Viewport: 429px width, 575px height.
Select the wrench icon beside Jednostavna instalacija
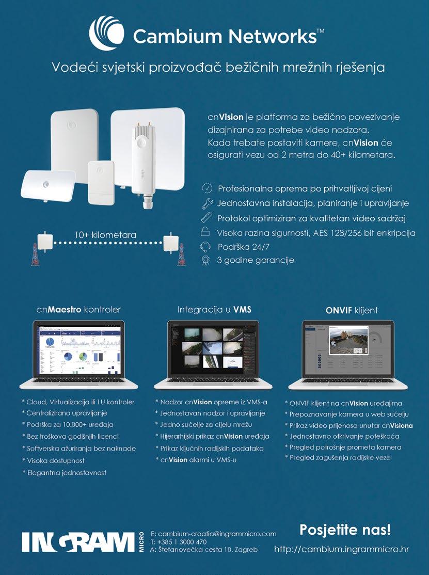click(206, 203)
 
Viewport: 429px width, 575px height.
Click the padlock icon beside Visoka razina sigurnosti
click(205, 232)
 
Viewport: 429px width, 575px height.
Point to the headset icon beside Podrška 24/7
click(205, 246)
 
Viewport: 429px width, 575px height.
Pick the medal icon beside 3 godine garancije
click(205, 260)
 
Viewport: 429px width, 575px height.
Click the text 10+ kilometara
click(105, 235)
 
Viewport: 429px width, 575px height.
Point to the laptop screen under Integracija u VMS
click(213, 350)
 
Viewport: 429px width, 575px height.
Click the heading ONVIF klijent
click(352, 310)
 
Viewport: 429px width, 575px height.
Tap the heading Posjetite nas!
click(345, 530)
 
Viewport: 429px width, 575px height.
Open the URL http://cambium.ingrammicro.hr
click(341, 549)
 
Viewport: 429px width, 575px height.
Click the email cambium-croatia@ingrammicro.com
click(217, 533)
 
